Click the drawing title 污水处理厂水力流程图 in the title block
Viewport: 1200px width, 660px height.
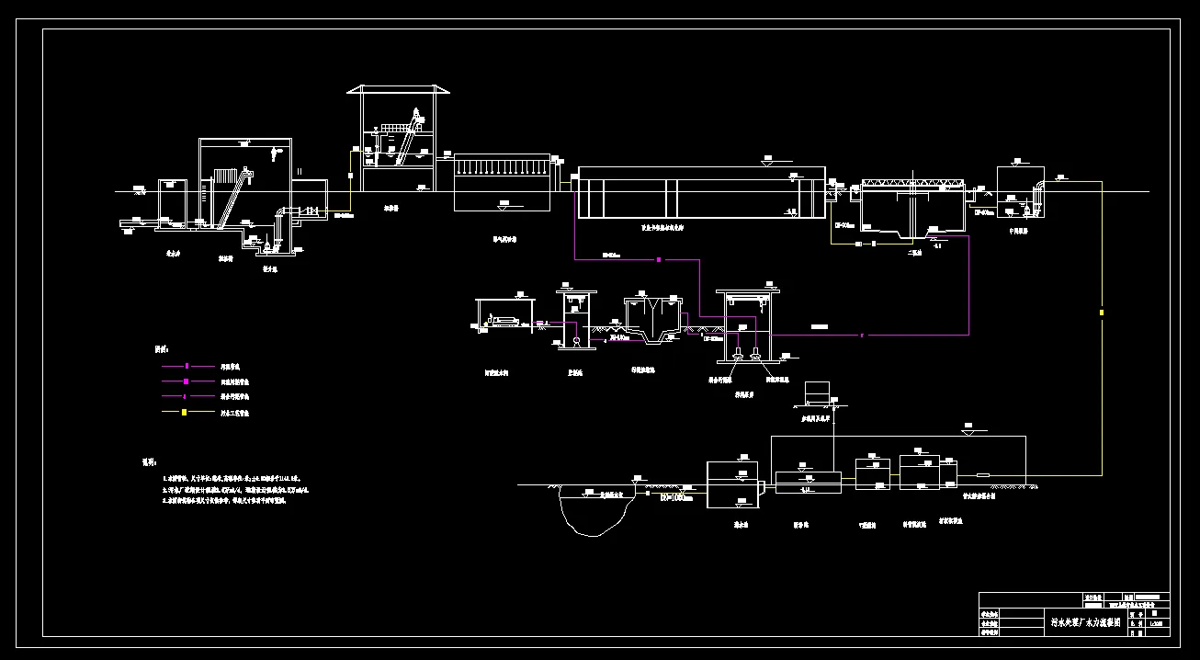pyautogui.click(x=1085, y=622)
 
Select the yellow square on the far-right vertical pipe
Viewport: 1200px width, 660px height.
pyautogui.click(x=1102, y=313)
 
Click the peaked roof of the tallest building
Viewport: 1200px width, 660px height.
pyautogui.click(x=399, y=89)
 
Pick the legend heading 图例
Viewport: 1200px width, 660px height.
pyautogui.click(x=161, y=349)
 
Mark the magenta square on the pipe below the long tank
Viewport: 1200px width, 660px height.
pyautogui.click(x=659, y=260)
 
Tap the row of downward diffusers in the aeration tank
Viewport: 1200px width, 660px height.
pyautogui.click(x=503, y=168)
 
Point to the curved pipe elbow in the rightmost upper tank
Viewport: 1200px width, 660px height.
pyautogui.click(x=1038, y=188)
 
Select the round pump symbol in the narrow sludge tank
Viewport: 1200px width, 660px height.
pyautogui.click(x=575, y=341)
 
